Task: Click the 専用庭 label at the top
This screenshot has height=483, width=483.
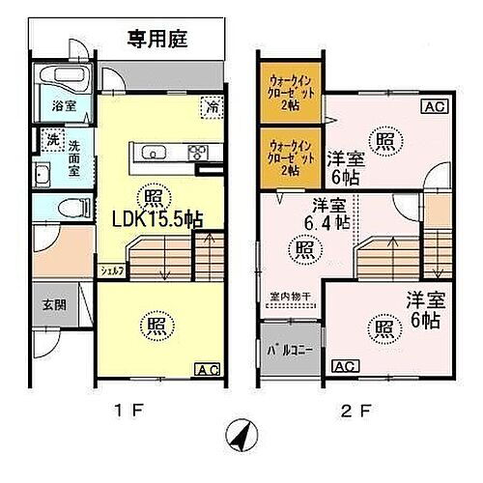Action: tap(158, 40)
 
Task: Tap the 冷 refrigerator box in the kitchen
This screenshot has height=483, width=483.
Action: tap(210, 105)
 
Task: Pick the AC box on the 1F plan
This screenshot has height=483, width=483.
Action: tap(207, 368)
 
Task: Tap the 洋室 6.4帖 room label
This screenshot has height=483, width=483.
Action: tap(323, 215)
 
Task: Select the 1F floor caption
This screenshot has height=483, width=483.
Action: tap(128, 409)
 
